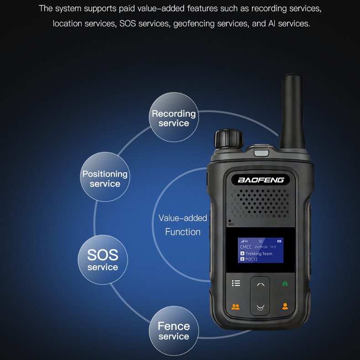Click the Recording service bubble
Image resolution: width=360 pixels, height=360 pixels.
174,117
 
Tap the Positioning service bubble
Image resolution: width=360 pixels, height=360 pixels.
105,177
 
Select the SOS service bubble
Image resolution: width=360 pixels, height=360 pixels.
103,260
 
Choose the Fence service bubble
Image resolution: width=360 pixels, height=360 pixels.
174,331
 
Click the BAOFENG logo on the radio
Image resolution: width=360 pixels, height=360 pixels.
261,180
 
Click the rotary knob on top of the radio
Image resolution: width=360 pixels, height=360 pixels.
229,139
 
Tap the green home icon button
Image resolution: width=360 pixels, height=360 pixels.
285,283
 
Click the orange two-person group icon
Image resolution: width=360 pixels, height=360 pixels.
236,307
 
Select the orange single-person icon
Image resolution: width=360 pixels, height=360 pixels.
285,306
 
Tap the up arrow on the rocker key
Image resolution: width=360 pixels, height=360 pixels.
261,285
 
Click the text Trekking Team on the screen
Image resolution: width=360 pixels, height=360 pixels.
259,253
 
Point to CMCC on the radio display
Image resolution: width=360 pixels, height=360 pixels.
246,247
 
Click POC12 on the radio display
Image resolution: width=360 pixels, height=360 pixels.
252,259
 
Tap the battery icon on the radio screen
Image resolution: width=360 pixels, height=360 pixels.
279,241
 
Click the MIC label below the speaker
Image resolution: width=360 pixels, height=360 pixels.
231,224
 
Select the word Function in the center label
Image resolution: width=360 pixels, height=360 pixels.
183,232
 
